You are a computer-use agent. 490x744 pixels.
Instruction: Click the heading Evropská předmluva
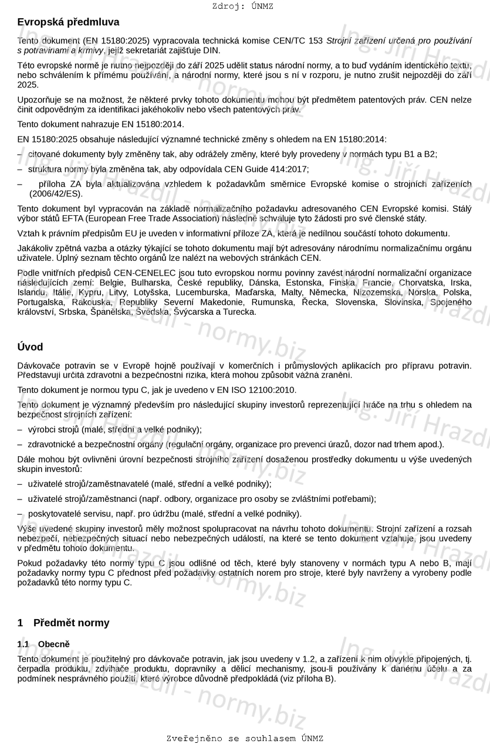coord(68,22)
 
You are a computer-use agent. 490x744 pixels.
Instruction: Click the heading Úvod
coord(30,347)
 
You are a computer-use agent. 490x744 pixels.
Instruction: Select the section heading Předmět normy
coord(71,623)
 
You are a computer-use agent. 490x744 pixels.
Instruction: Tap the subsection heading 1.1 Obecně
coord(43,644)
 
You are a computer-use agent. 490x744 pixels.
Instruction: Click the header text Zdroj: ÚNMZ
coord(243,6)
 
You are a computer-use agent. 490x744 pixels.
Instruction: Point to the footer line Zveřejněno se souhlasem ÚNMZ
coord(245,739)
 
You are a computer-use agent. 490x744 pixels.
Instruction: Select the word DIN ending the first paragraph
coord(211,50)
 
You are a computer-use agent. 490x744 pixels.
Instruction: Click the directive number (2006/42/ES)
coord(56,193)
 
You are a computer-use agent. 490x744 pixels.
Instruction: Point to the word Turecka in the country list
coord(239,311)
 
